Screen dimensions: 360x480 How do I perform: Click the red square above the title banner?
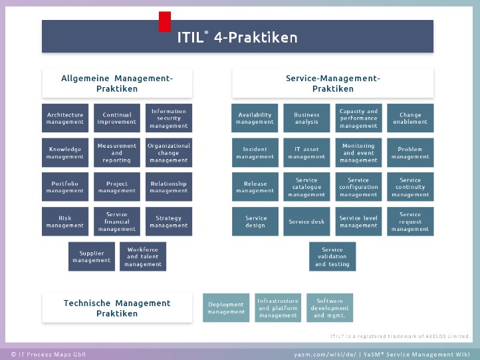[165, 21]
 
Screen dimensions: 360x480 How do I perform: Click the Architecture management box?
[65, 118]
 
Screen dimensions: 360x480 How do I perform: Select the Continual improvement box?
[117, 118]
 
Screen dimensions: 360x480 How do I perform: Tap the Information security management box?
[169, 118]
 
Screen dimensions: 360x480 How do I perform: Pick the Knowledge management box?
[65, 152]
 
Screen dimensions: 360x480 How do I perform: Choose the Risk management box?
[65, 222]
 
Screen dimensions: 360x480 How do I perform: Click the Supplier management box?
[92, 257]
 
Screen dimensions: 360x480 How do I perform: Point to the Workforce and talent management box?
[143, 257]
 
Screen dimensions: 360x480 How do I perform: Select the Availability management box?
[255, 118]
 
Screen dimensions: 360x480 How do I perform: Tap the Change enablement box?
[410, 118]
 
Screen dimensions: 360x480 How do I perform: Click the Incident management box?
[255, 152]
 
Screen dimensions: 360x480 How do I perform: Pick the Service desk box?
[306, 222]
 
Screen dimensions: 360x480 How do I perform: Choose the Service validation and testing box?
[332, 257]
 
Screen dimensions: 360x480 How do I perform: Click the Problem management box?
[410, 152]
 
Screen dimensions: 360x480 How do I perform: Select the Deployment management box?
[226, 308]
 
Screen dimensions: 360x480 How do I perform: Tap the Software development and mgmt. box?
[330, 308]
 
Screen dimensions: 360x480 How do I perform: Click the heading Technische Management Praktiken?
[117, 308]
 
